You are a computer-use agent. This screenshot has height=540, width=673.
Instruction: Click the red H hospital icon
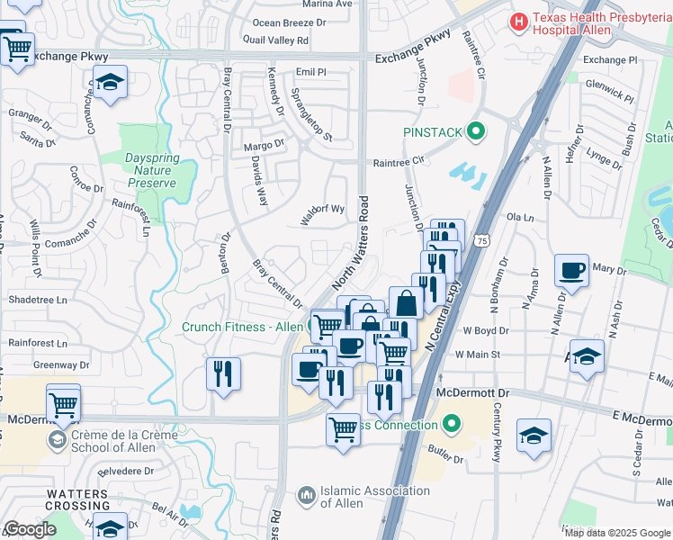pyautogui.click(x=519, y=20)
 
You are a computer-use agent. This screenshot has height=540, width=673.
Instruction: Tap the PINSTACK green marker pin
pyautogui.click(x=476, y=132)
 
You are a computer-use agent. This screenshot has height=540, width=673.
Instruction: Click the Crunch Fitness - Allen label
pyautogui.click(x=242, y=327)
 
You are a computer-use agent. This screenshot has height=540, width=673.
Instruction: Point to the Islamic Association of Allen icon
pyautogui.click(x=307, y=494)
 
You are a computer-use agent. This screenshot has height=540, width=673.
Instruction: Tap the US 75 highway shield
pyautogui.click(x=483, y=241)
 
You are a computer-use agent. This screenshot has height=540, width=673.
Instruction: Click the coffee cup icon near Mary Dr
pyautogui.click(x=572, y=270)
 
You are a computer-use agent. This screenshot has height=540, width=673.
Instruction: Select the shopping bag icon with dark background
pyautogui.click(x=406, y=302)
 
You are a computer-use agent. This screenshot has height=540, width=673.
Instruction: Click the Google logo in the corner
pyautogui.click(x=30, y=529)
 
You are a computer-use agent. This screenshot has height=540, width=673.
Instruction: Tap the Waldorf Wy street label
pyautogui.click(x=323, y=209)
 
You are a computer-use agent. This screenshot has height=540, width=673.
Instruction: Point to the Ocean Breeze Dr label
pyautogui.click(x=290, y=22)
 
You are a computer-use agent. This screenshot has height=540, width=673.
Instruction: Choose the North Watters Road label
pyautogui.click(x=353, y=244)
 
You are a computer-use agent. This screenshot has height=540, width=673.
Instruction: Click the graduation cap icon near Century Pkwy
pyautogui.click(x=534, y=436)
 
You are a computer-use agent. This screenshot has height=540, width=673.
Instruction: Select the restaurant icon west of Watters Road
pyautogui.click(x=223, y=373)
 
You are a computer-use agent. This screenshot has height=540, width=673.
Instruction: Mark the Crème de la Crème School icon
pyautogui.click(x=58, y=440)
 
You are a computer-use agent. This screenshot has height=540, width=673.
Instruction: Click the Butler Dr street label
pyautogui.click(x=444, y=459)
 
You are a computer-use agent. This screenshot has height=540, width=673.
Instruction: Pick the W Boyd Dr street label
pyautogui.click(x=486, y=330)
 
